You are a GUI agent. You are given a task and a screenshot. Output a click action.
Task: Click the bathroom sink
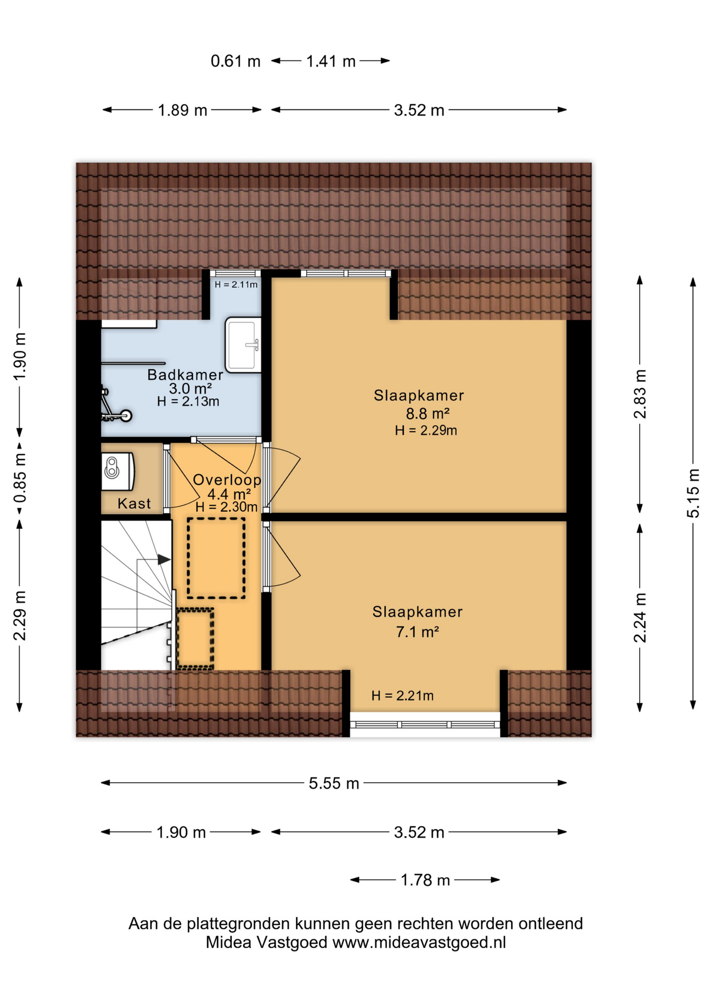coord(242,345)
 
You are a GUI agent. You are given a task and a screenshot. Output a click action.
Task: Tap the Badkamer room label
coord(185,375)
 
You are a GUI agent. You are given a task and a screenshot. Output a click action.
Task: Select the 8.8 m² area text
coord(427,413)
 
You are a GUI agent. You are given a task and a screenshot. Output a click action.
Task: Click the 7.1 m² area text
coord(417,632)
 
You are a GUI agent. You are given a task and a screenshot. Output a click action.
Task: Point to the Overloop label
coord(227,479)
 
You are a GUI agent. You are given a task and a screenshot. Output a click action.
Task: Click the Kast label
coord(134,504)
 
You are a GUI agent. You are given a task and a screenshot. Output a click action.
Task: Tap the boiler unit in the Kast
coord(117,471)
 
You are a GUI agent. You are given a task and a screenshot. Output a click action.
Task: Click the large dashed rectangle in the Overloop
coord(216,558)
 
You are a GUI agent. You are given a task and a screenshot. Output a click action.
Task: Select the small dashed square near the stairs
coord(195,638)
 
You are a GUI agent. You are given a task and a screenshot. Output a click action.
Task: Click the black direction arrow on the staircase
coord(164,560)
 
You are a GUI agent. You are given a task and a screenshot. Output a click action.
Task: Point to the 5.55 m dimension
coord(333,783)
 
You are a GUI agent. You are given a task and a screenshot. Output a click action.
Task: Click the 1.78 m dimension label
coord(425,880)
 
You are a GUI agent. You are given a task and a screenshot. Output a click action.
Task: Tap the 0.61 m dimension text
coord(235,61)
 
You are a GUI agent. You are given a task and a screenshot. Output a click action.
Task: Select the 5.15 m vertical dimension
coord(693,494)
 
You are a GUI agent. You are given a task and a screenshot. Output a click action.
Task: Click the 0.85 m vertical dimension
coord(20,477)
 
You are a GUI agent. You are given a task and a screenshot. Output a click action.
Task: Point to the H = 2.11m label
coord(236,285)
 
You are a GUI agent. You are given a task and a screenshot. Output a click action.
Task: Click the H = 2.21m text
coord(402,695)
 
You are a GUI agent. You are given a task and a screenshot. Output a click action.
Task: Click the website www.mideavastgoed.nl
coord(419,943)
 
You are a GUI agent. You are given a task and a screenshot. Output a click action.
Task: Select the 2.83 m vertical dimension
coord(640,394)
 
